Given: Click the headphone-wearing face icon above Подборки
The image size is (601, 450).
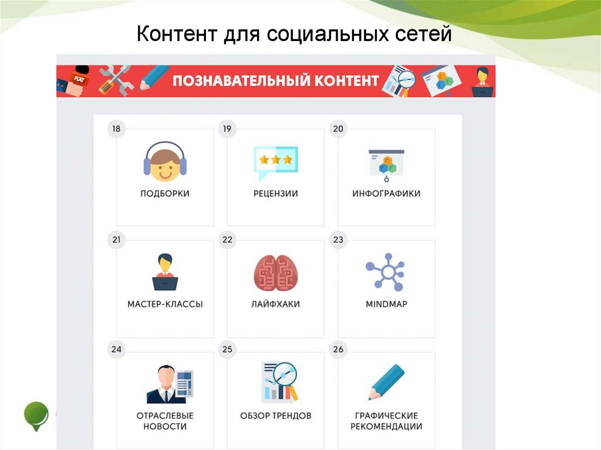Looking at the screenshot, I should click(x=165, y=161).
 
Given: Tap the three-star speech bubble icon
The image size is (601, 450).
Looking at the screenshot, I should click(x=275, y=162).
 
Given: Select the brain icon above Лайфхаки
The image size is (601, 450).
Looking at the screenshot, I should click(x=275, y=272).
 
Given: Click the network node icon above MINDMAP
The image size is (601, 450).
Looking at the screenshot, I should click(x=386, y=272).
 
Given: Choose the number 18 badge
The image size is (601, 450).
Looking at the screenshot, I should click(x=116, y=129).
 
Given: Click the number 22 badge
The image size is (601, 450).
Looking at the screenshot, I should click(x=227, y=239).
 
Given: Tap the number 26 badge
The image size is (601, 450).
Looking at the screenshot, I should click(x=338, y=350).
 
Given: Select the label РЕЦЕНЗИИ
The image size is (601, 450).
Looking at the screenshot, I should click(x=275, y=194).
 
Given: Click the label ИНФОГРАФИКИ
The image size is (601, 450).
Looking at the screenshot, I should click(x=386, y=194).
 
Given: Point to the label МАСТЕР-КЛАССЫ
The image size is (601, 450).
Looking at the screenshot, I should click(x=165, y=304).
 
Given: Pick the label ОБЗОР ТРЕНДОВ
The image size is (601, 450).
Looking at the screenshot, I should click(x=275, y=415).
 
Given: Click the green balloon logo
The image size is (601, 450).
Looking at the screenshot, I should click(x=36, y=415).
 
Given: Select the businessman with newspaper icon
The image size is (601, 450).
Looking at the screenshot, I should click(x=169, y=384).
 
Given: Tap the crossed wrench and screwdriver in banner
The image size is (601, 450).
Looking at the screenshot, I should click(x=115, y=79).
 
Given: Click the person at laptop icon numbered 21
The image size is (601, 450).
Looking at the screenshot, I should click(x=165, y=272).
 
